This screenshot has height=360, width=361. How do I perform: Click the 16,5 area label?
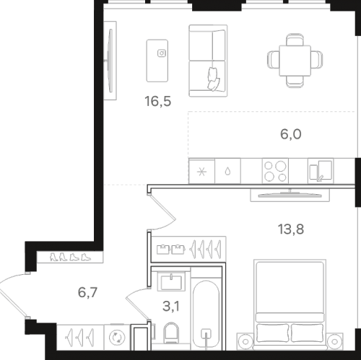[158, 101]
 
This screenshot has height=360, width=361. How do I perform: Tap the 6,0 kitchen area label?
[291, 134]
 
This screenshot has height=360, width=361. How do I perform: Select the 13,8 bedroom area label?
[291, 229]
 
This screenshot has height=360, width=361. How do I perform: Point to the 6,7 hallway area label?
[87, 293]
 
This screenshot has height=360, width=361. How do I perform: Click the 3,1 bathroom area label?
[171, 307]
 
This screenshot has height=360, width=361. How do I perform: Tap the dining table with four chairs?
[295, 61]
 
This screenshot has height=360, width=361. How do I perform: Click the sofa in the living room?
[208, 61]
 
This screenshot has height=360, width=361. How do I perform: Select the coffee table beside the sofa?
[157, 61]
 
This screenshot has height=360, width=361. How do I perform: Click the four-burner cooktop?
[275, 171]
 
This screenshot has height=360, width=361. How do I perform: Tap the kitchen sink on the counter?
[321, 171]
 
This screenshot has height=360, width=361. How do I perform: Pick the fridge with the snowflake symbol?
[201, 171]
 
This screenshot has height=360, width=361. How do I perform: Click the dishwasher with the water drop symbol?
[227, 171]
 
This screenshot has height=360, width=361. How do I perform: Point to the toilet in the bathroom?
[171, 333]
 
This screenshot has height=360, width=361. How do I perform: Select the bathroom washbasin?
[171, 281]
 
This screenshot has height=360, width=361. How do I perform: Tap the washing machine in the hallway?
[117, 337]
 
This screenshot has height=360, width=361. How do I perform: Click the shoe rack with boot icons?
[70, 257]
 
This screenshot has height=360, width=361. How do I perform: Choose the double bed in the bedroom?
[290, 304]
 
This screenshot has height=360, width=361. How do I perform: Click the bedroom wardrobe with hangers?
[188, 249]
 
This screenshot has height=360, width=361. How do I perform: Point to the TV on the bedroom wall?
[290, 195]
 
